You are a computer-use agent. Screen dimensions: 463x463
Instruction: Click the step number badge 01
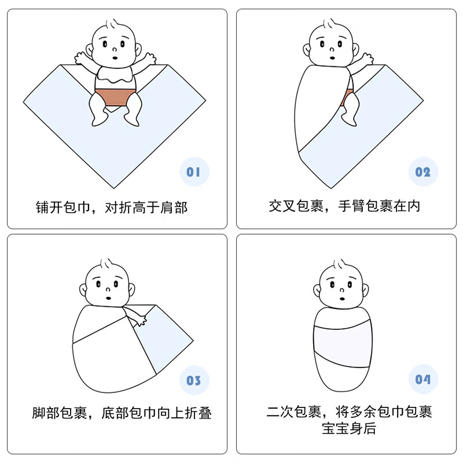194,171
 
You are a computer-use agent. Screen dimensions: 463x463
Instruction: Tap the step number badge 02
423,172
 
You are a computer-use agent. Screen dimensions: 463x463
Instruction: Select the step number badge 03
194,380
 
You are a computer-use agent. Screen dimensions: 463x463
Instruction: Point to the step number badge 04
423,380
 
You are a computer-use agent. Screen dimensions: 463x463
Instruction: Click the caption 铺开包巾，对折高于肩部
112,207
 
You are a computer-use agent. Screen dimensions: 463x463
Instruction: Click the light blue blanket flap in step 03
168,341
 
